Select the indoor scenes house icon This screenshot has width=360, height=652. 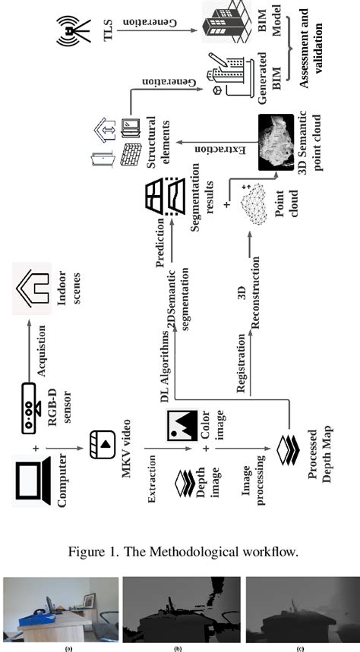click(x=30, y=291)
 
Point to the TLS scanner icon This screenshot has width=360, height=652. click(x=70, y=30)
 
